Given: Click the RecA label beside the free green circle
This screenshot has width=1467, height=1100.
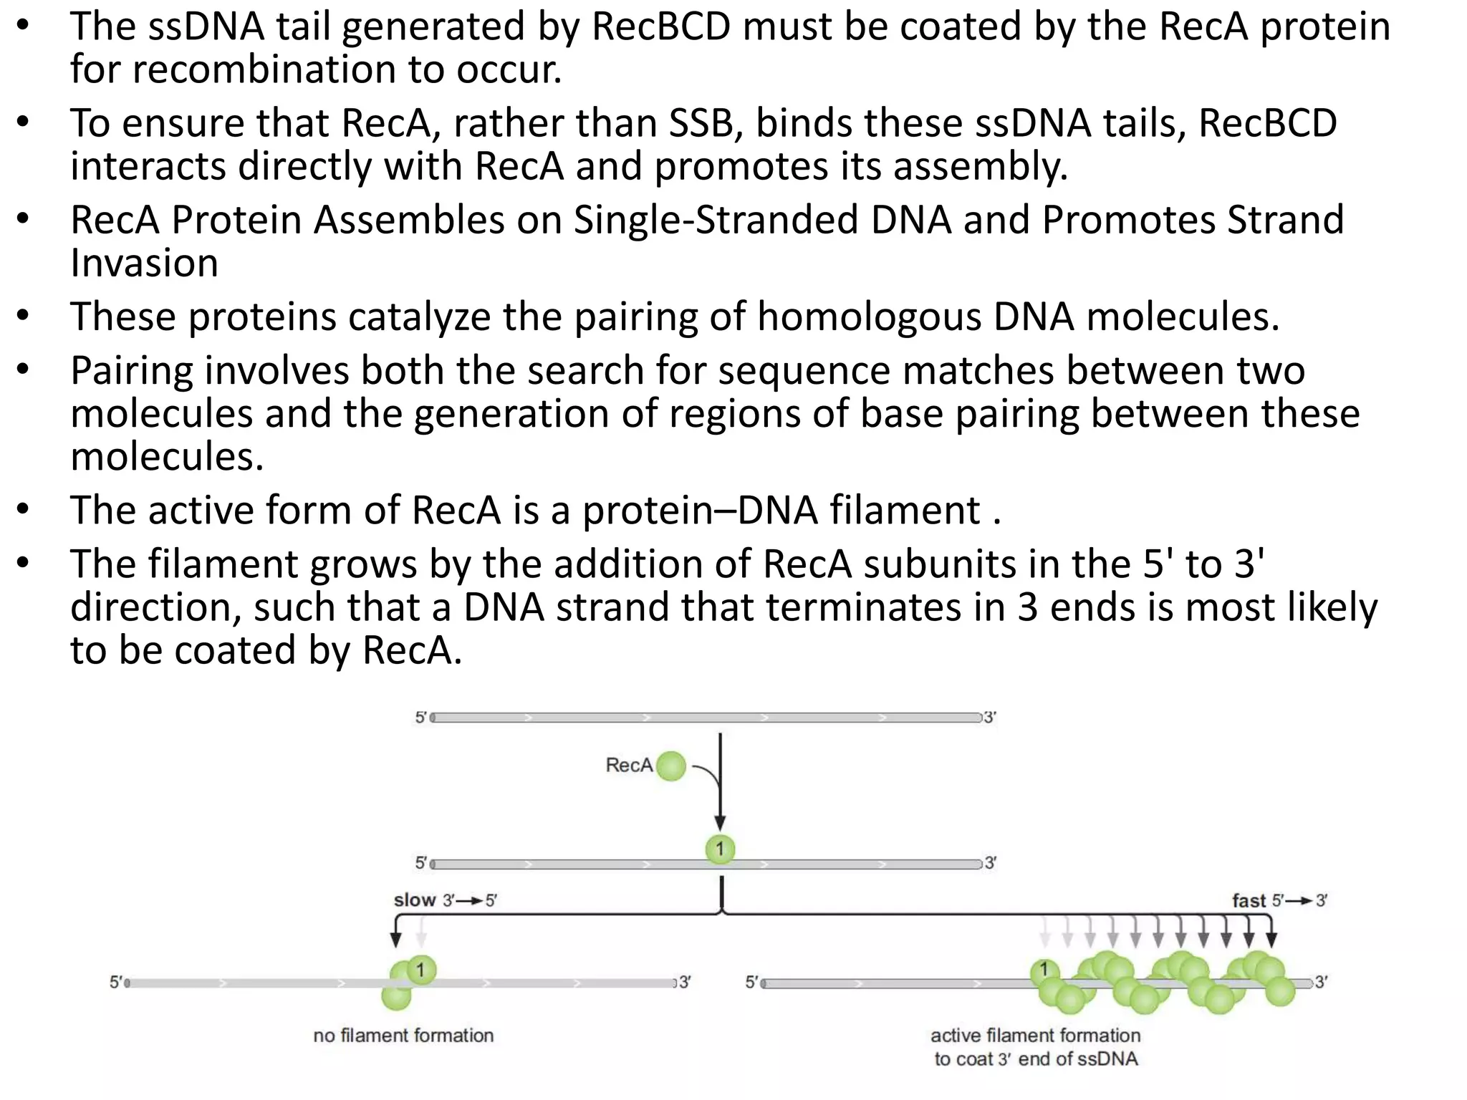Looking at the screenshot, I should coord(629,766).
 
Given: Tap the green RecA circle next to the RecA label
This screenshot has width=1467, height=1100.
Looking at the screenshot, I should coord(671,766).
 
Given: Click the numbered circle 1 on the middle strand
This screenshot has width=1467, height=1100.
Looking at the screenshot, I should coord(720,849).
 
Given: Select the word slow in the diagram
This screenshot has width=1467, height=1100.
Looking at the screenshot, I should coord(415,900).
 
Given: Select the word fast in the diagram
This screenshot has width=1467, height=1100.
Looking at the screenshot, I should coord(1249,901).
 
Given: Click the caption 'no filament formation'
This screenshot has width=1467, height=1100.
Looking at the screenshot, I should coord(403,1036).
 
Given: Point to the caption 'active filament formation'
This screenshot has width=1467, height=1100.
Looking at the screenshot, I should coord(1035,1036).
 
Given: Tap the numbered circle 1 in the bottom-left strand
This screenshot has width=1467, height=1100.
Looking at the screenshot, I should coord(421,970).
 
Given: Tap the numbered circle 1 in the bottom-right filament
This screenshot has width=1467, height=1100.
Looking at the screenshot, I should coord(1044,970).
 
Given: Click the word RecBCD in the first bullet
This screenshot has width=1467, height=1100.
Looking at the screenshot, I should coord(661,26).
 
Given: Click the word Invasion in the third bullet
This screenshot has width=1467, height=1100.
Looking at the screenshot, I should coord(144,263).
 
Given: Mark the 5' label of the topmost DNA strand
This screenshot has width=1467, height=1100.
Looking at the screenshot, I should coord(421,718).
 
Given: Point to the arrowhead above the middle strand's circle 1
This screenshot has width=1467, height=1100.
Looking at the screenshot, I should coord(720,824).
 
